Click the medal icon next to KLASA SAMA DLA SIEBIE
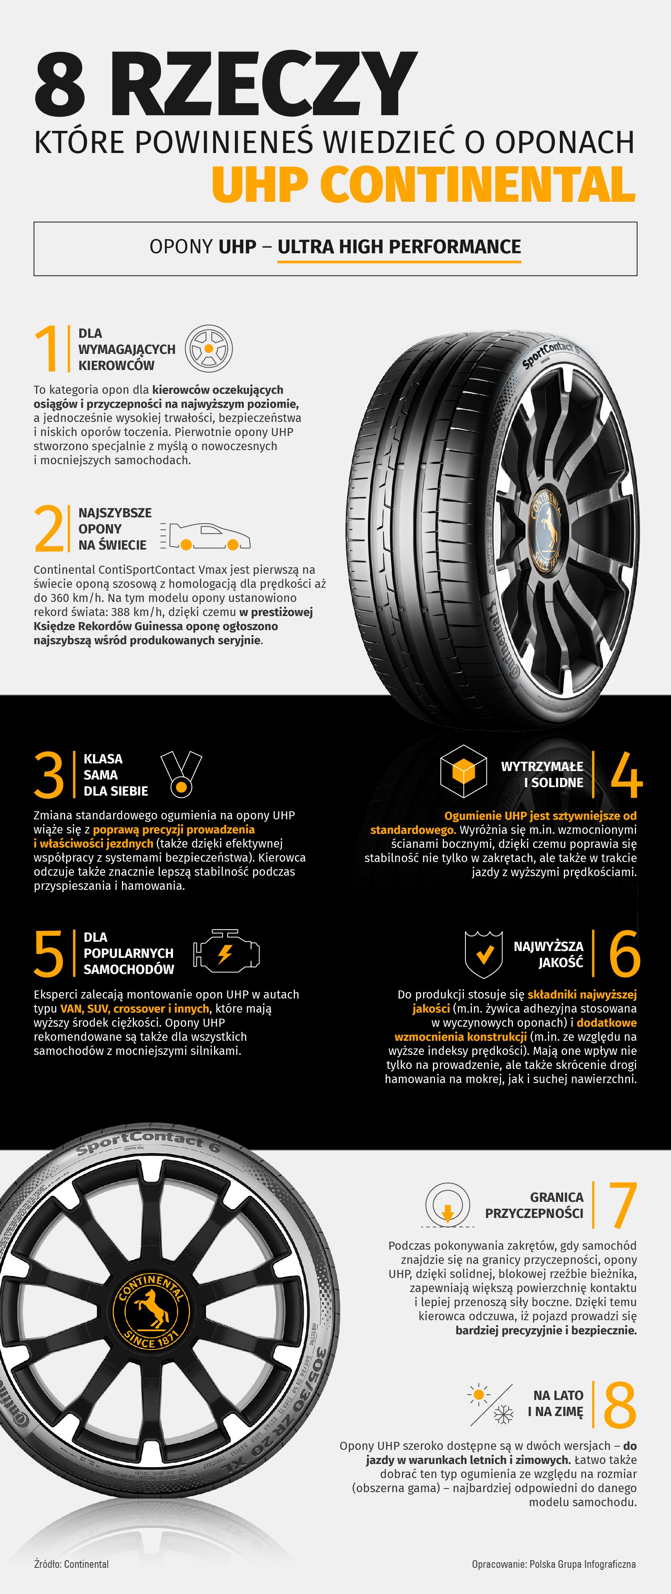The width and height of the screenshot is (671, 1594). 181,774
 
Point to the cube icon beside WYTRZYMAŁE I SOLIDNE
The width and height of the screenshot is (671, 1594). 463,771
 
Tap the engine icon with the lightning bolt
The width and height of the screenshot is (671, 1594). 226,952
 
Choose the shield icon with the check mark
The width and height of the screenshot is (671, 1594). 484,953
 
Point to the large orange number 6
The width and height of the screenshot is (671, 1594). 625,953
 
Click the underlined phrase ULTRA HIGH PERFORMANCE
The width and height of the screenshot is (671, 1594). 399,246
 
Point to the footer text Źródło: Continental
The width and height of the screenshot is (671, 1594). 71,1564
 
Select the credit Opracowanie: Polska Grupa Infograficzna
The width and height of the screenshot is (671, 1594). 554,1564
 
